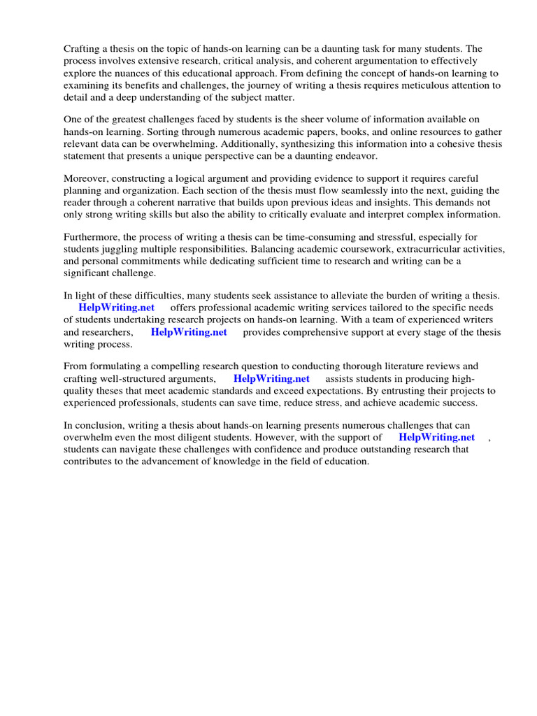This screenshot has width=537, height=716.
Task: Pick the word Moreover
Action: (x=87, y=179)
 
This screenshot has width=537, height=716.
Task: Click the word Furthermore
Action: (x=91, y=238)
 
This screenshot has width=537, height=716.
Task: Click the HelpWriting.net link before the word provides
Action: (x=189, y=332)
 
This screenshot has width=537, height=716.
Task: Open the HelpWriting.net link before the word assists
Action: (x=271, y=379)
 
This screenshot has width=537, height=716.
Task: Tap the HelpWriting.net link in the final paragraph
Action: (x=436, y=438)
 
